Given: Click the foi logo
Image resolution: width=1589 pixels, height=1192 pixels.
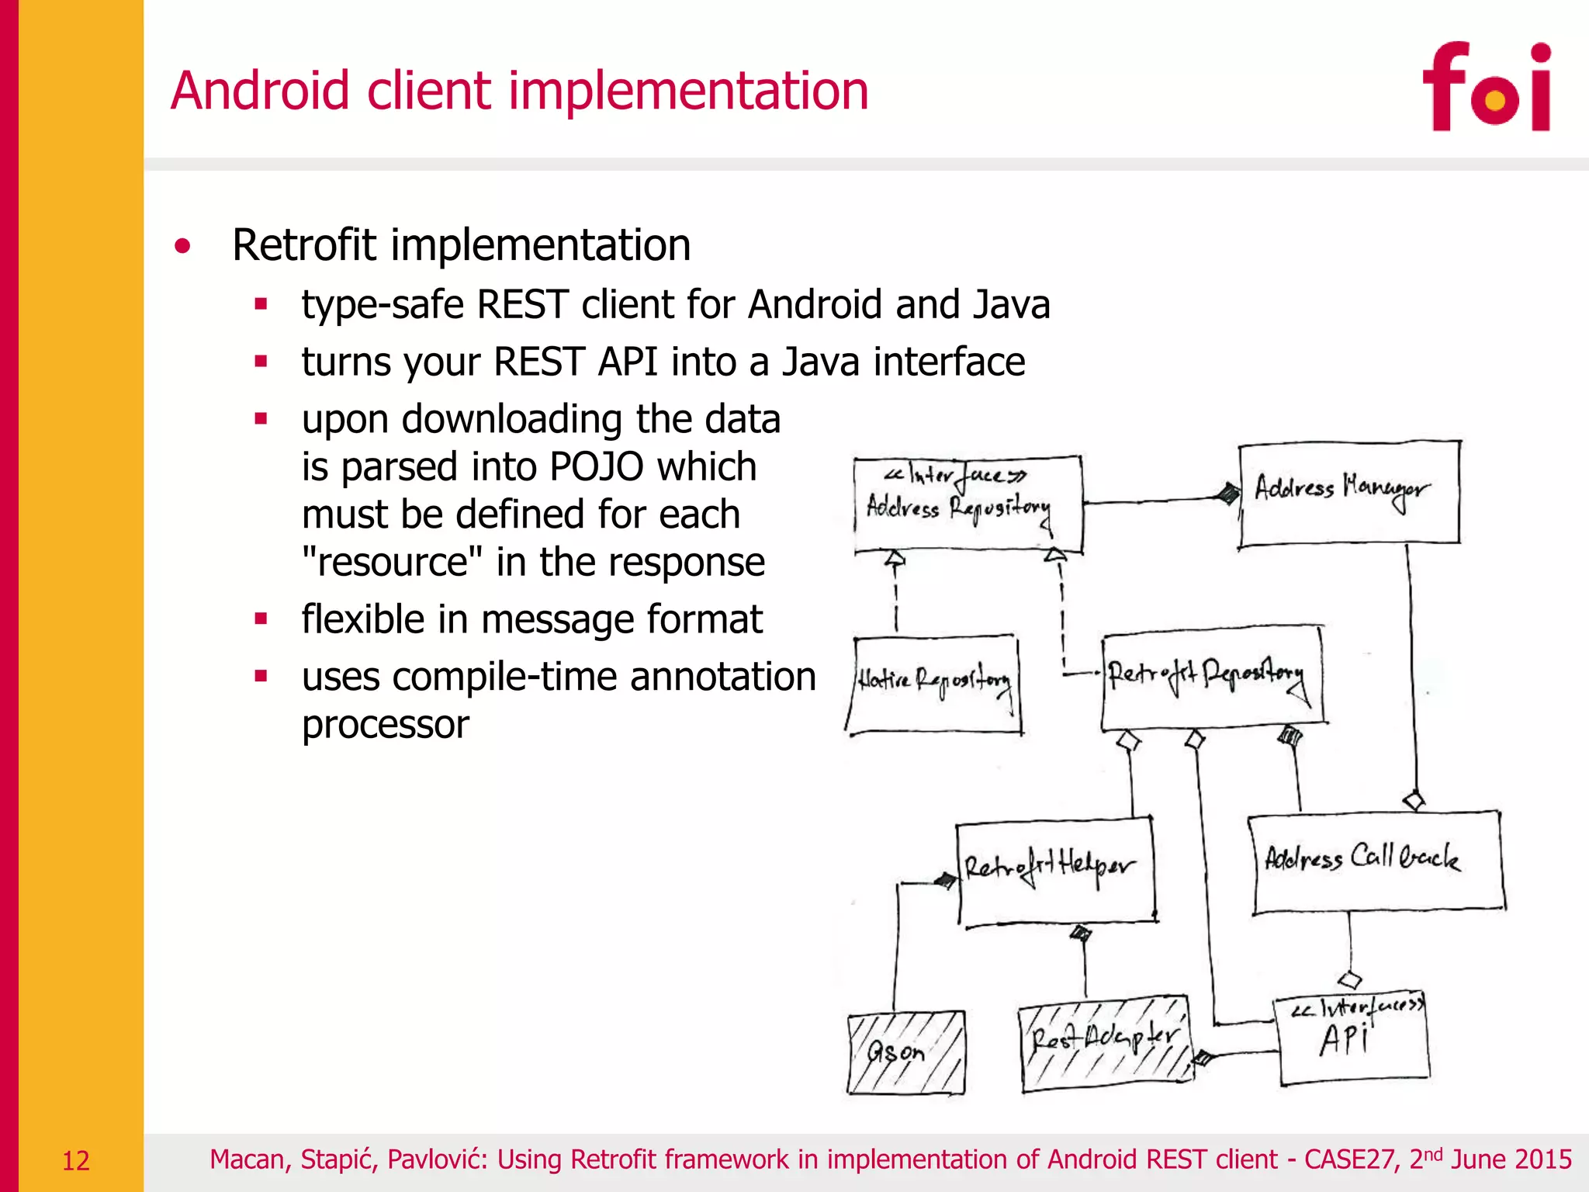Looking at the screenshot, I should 1486,87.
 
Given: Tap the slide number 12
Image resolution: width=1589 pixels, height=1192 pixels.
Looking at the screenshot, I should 76,1161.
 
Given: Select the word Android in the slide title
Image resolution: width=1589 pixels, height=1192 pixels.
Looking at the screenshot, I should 260,91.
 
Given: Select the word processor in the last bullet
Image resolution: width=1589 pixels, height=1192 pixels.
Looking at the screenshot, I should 386,725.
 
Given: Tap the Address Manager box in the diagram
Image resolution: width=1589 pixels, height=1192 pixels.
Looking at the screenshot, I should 1348,494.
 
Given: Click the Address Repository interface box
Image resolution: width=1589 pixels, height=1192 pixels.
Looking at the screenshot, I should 967,504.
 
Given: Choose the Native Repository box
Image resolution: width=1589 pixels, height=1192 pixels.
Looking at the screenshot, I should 934,684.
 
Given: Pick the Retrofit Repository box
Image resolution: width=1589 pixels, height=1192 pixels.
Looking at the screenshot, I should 1212,677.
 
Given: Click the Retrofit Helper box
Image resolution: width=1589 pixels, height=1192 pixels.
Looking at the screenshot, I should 1054,871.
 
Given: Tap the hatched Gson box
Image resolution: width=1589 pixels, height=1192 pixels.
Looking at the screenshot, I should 906,1052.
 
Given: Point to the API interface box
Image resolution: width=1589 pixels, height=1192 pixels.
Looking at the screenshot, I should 1352,1038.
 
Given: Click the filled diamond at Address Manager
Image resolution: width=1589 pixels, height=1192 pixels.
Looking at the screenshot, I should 1227,493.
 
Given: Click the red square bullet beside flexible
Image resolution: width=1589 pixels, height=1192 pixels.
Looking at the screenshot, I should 261,619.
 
